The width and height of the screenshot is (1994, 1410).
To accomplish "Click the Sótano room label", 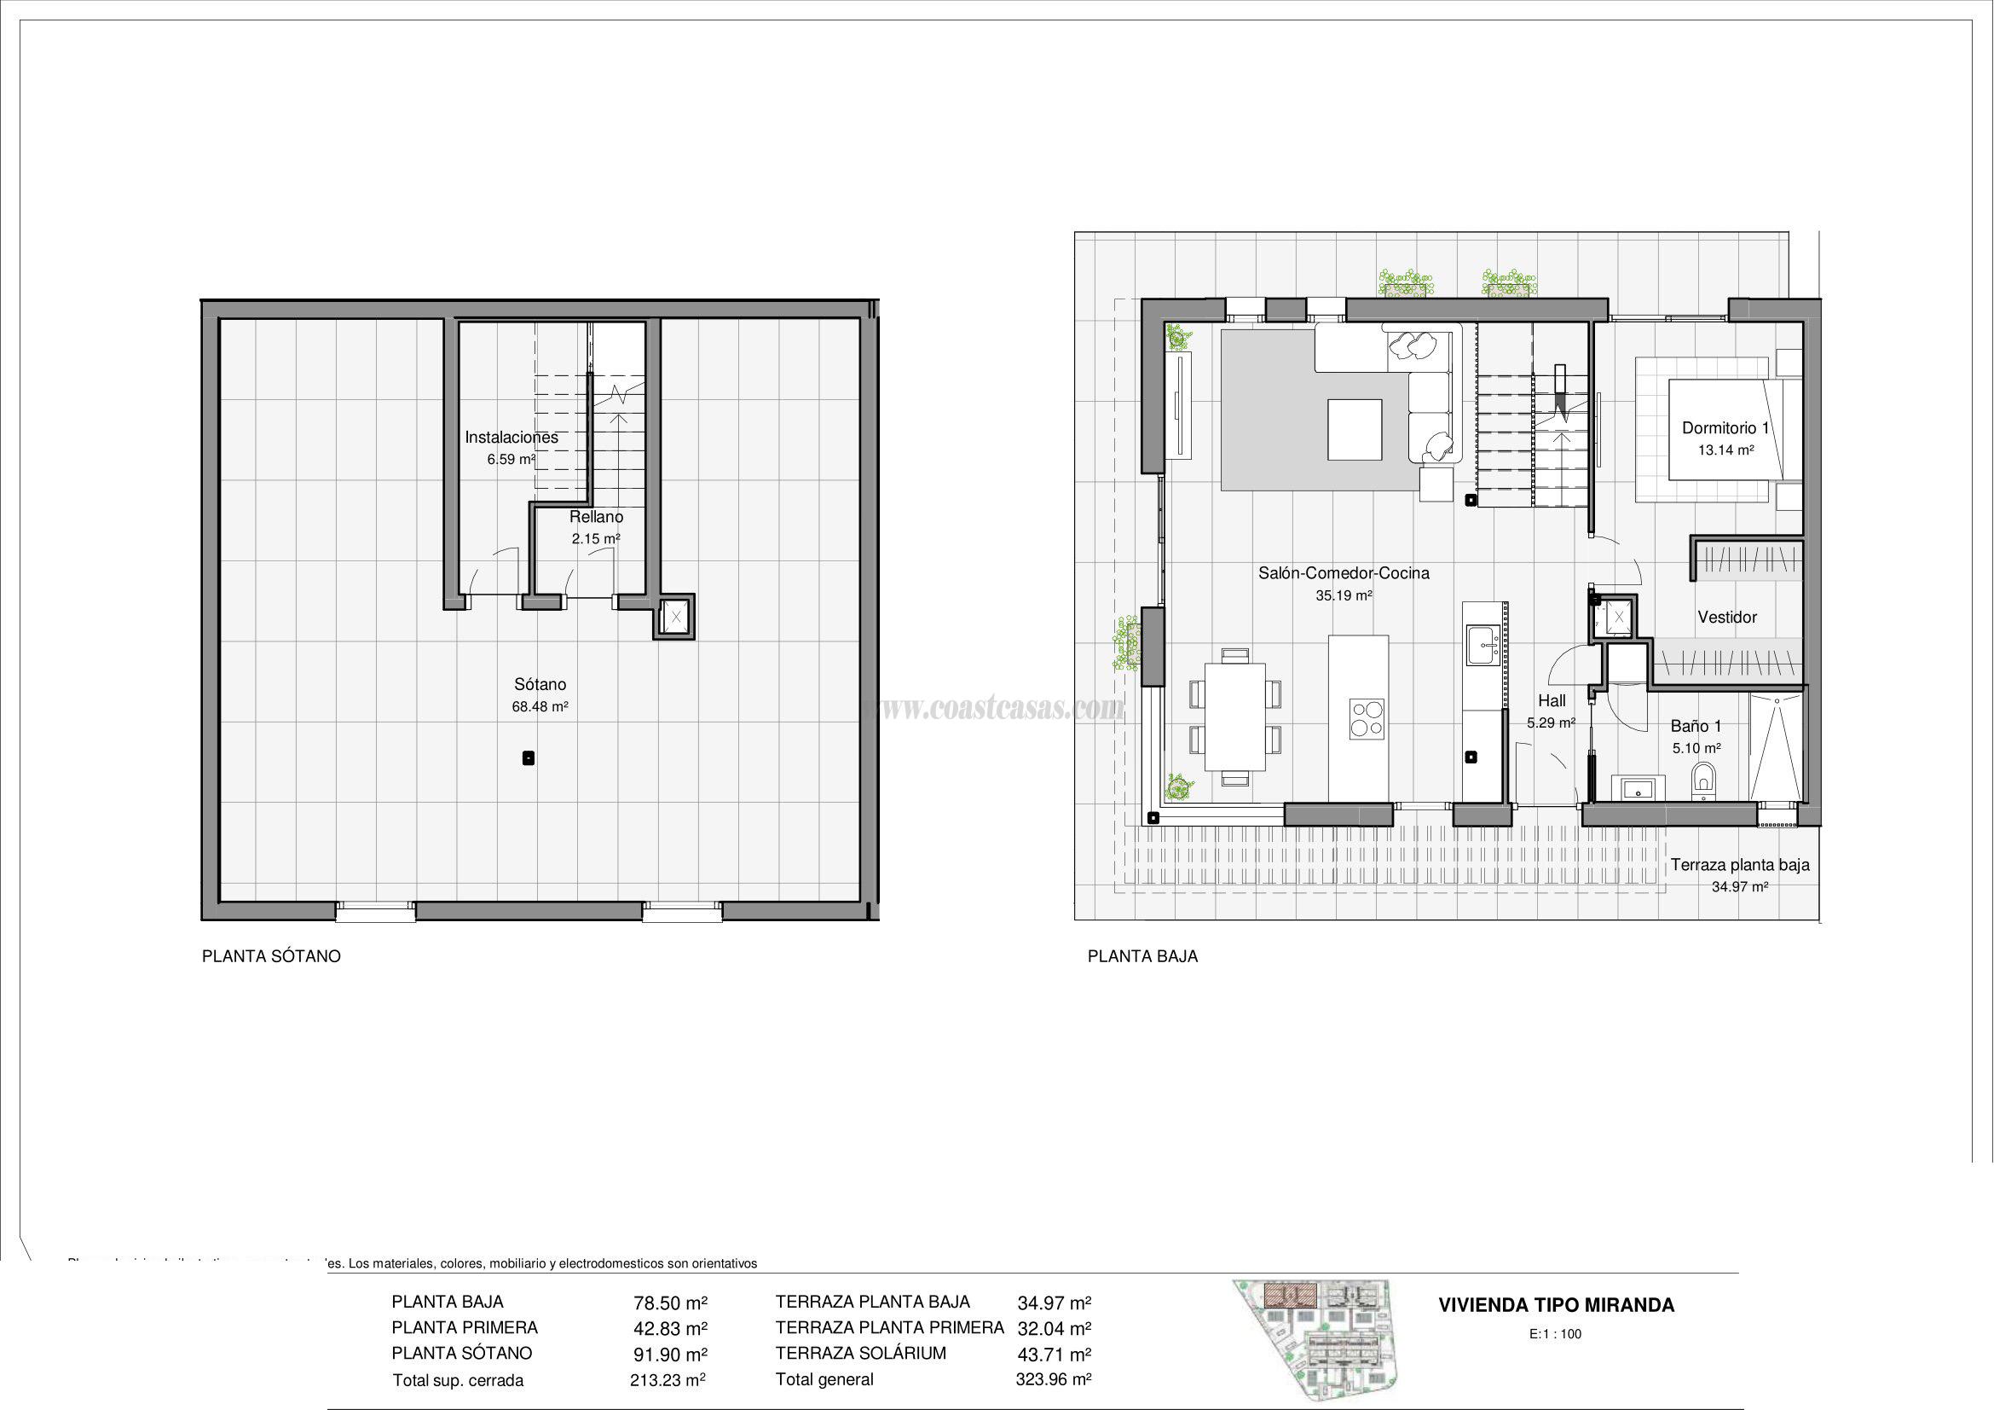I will pyautogui.click(x=540, y=686).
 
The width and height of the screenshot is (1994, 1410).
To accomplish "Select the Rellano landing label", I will pyautogui.click(x=596, y=518).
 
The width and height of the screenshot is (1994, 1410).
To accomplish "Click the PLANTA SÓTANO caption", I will pyautogui.click(x=271, y=956).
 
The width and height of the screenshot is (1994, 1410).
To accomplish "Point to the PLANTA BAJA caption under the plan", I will pyautogui.click(x=1142, y=956).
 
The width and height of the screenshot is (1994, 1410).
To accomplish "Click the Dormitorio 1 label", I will pyautogui.click(x=1725, y=428).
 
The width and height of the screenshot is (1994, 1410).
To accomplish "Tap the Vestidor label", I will pyautogui.click(x=1726, y=618).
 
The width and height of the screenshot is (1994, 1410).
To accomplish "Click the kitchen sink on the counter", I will pyautogui.click(x=1482, y=646).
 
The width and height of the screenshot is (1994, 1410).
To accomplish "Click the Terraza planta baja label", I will pyautogui.click(x=1740, y=865).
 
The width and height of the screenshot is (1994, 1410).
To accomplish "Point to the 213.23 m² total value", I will pyautogui.click(x=667, y=1379).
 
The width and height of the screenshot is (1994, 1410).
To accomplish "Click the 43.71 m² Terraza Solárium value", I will pyautogui.click(x=1054, y=1355).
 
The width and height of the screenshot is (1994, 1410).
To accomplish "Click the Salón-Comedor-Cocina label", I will pyautogui.click(x=1344, y=573).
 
